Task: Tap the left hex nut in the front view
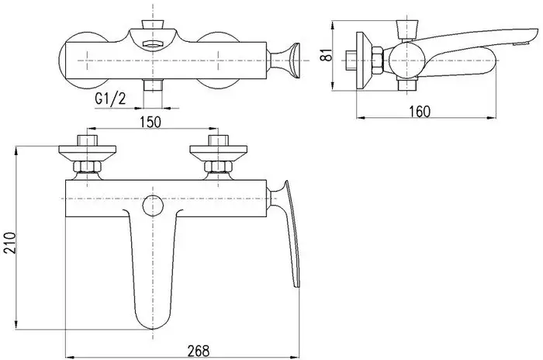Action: coord(83,167)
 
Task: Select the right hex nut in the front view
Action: coord(215,167)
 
